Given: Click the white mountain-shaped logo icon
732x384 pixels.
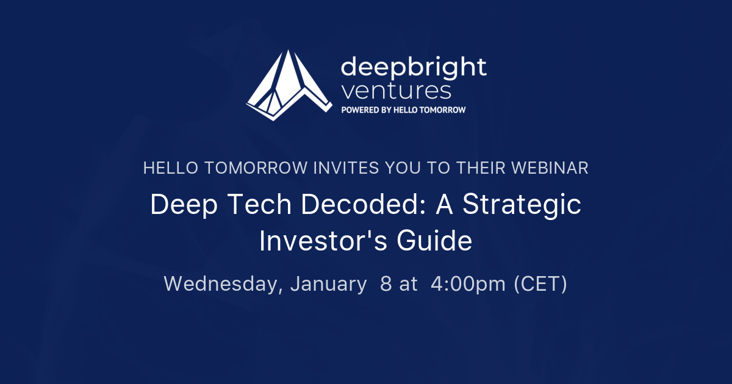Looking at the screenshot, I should pyautogui.click(x=286, y=85).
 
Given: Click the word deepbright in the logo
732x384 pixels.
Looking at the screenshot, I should pyautogui.click(x=414, y=66).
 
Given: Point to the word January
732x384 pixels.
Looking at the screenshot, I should pyautogui.click(x=328, y=284).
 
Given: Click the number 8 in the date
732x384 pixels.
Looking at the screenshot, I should pyautogui.click(x=386, y=284).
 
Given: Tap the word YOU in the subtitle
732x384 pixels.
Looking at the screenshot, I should pyautogui.click(x=403, y=168).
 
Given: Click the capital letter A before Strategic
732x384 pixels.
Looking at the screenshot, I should pyautogui.click(x=443, y=205).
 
